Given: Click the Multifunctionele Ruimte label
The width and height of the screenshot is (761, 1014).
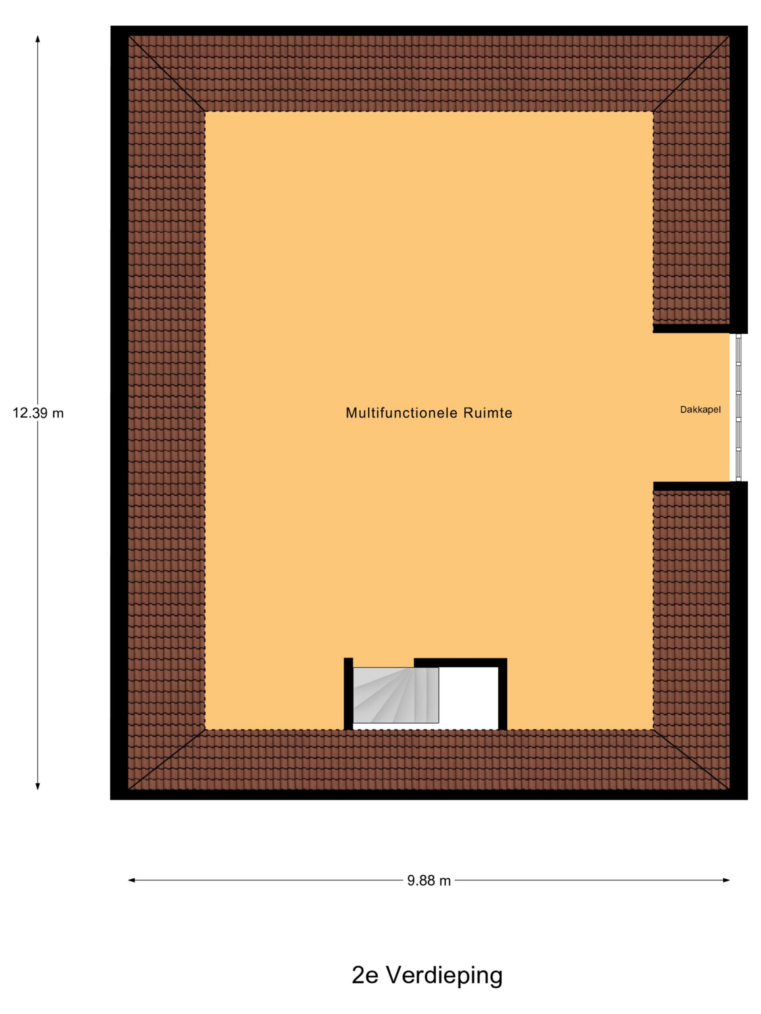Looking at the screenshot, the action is (428, 413).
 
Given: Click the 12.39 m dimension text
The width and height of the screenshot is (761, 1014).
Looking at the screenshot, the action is (38, 413).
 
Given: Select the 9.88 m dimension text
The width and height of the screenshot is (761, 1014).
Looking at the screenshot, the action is (429, 881).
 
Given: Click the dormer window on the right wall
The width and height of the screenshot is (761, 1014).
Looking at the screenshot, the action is (738, 407).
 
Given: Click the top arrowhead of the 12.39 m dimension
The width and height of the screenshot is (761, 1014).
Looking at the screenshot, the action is (38, 38).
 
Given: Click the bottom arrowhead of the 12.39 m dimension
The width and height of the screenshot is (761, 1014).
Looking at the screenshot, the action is (38, 786).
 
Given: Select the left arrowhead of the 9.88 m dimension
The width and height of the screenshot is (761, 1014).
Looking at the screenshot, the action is (132, 880).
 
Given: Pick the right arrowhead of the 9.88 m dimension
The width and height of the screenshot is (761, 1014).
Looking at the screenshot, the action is (726, 880).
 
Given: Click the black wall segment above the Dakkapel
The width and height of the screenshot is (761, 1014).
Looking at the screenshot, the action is (691, 328).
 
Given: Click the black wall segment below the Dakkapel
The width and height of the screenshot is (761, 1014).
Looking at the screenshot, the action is (691, 486).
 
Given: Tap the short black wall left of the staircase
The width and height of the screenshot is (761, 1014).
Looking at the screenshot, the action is (348, 693).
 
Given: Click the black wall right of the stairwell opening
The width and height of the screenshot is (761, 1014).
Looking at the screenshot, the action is (502, 694).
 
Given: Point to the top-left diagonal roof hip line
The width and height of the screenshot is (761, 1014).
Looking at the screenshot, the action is (166, 73).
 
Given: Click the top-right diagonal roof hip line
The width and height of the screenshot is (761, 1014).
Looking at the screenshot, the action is (691, 73).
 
